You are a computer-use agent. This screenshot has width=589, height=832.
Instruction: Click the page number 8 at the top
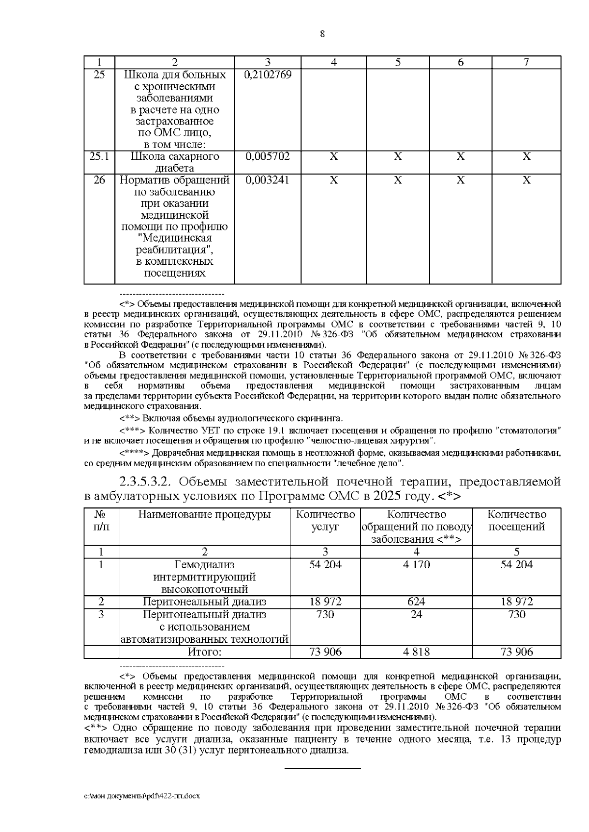click(322, 34)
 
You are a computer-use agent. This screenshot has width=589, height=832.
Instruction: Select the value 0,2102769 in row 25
click(268, 75)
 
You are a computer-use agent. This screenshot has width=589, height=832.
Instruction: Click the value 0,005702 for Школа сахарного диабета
click(268, 156)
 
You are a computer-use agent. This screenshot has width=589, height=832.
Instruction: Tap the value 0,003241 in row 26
click(268, 180)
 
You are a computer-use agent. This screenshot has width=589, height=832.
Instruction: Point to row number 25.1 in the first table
click(99, 156)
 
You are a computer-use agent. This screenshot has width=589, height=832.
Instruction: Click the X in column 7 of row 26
click(526, 180)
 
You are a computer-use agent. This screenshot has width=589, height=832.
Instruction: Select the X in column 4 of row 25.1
click(334, 156)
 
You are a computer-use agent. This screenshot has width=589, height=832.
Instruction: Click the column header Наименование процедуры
click(205, 515)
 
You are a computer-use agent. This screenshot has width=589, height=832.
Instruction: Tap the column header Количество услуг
click(325, 521)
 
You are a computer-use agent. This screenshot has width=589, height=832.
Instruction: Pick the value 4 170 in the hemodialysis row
click(416, 565)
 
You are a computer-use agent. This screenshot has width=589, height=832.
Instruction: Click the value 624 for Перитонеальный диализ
click(416, 602)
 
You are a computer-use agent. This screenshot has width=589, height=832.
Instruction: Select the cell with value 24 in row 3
click(416, 614)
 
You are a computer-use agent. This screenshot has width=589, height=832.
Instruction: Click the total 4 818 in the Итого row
click(416, 652)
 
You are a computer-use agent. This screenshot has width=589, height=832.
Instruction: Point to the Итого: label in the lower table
click(205, 652)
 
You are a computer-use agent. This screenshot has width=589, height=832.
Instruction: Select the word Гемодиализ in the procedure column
click(205, 565)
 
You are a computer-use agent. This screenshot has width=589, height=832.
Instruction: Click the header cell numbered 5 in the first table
click(398, 62)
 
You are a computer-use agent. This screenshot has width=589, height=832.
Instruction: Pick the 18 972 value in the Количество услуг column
click(325, 602)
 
